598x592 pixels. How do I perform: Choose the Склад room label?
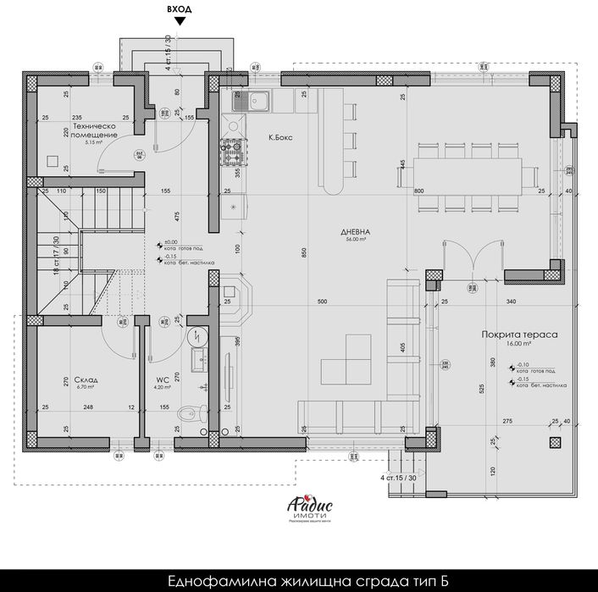tap(86, 380)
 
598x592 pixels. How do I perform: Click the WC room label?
tap(163, 380)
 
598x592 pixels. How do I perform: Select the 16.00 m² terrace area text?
tap(518, 345)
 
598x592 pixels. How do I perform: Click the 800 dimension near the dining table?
tap(418, 192)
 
